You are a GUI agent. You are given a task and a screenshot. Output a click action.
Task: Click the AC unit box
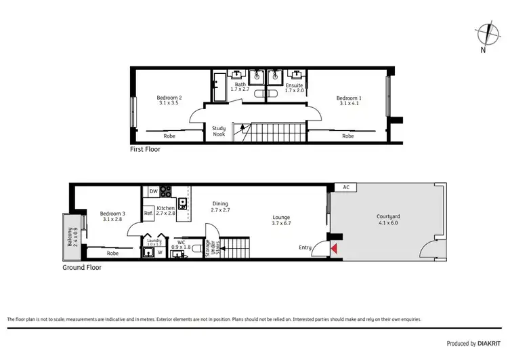point(345,187)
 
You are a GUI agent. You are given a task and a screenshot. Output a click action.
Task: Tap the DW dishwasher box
point(153,191)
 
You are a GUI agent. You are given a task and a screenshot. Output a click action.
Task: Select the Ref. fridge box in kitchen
point(148,214)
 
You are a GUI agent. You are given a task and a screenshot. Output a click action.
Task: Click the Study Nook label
point(218,131)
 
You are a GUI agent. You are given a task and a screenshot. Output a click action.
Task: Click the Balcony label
point(70,237)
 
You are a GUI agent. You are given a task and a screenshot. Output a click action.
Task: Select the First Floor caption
point(145,149)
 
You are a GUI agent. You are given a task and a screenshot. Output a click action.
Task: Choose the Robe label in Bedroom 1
point(347,136)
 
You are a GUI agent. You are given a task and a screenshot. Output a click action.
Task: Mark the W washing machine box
point(160,253)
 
